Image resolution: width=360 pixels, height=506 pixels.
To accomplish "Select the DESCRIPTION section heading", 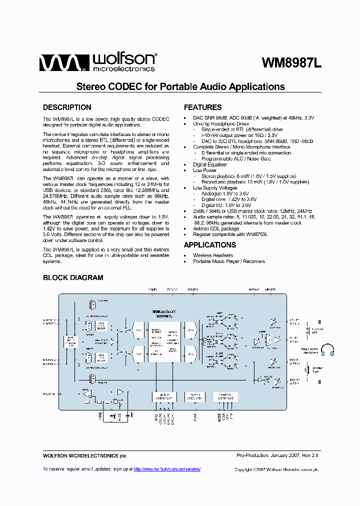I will (67, 107).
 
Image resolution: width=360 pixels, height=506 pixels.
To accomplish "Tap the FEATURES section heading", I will (202, 107).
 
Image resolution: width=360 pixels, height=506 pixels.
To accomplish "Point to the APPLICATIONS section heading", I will (209, 245).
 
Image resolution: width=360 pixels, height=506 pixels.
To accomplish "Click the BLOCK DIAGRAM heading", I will (73, 278).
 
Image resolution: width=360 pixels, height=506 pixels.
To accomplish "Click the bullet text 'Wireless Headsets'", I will (212, 255).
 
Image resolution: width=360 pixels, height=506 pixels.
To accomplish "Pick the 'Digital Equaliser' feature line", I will (210, 164).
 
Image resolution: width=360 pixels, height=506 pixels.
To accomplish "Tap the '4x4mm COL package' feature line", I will (215, 228).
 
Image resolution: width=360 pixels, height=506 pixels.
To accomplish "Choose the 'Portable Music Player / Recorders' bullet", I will (228, 261).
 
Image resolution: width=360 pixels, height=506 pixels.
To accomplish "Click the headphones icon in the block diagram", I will (327, 350).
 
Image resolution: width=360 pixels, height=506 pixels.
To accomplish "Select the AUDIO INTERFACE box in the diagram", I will (164, 396).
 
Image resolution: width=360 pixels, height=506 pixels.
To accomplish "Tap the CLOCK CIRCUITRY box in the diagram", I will (195, 396).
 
